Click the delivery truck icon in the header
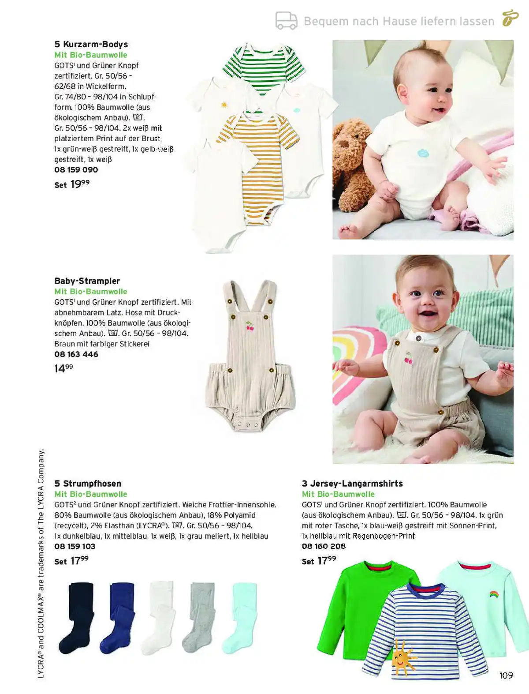point(287,21)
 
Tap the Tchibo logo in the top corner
point(510,19)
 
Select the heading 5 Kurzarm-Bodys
point(91,44)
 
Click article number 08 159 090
point(76,170)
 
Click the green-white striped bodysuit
point(263,66)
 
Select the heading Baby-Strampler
point(87,281)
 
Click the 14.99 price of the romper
point(63,368)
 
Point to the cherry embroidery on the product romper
point(250,326)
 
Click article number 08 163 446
point(76,354)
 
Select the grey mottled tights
point(200,618)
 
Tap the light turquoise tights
point(240,618)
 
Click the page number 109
point(506,675)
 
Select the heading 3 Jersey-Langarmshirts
point(352,484)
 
